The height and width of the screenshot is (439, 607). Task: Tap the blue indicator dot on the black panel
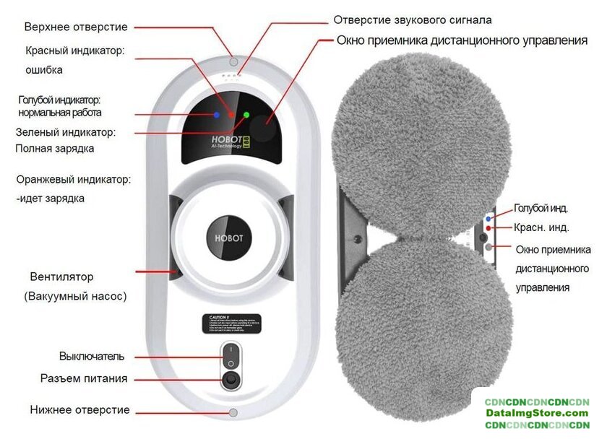pyautogui.click(x=216, y=115)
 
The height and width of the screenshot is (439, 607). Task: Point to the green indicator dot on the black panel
pyautogui.click(x=246, y=114)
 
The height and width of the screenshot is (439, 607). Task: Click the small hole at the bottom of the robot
pyautogui.click(x=232, y=413)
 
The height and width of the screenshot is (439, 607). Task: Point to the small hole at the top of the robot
pyautogui.click(x=232, y=60)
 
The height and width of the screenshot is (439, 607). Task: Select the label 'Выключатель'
pyautogui.click(x=92, y=357)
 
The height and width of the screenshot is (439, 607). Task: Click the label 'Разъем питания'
pyautogui.click(x=93, y=378)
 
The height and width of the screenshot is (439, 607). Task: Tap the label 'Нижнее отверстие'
pyautogui.click(x=80, y=410)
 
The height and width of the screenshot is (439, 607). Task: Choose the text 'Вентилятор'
pyautogui.click(x=62, y=277)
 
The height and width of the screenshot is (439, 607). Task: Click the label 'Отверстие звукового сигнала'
pyautogui.click(x=423, y=20)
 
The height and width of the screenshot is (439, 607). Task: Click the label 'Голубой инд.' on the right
pyautogui.click(x=541, y=209)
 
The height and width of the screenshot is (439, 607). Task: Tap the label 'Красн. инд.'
pyautogui.click(x=541, y=227)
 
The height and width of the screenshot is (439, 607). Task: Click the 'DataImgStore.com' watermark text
pyautogui.click(x=537, y=413)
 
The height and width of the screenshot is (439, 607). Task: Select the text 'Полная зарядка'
pyautogui.click(x=55, y=149)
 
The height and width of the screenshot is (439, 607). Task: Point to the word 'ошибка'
pyautogui.click(x=45, y=71)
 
